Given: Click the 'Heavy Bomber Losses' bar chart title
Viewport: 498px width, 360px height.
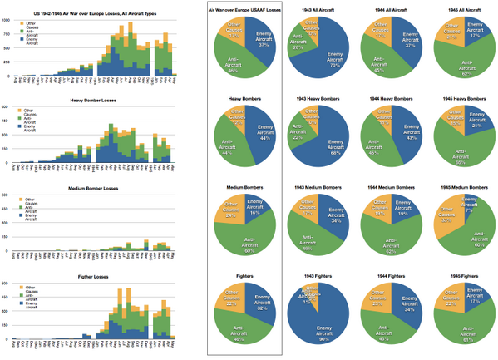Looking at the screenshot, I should (92, 101).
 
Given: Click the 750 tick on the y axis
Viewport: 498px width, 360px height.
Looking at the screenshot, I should (7, 32).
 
